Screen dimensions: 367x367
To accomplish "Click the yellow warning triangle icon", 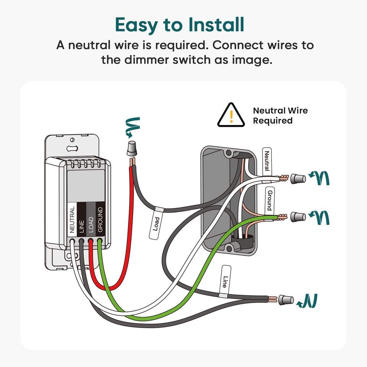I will (231, 115).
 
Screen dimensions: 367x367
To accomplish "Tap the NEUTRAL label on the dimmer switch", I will (72, 220).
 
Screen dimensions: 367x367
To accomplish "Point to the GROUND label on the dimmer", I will (100, 220).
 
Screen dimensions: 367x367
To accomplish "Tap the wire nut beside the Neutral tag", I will (298, 178).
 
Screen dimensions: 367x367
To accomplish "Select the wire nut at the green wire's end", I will (298, 217).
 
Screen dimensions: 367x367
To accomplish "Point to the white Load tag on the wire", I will (156, 224).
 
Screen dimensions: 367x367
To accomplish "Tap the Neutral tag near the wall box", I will (267, 161).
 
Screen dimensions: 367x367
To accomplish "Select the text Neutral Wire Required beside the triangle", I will (280, 115).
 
